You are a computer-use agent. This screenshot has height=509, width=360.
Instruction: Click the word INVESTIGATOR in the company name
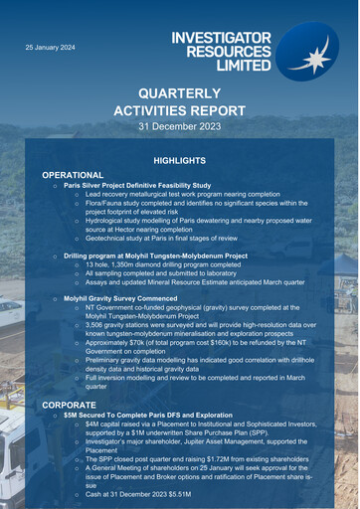tap(221, 38)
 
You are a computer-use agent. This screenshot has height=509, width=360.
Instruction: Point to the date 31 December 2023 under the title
tap(179, 127)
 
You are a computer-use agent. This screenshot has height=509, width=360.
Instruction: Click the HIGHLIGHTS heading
tap(179, 160)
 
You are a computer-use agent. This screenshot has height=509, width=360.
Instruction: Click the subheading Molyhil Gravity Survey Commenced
tap(126, 298)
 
